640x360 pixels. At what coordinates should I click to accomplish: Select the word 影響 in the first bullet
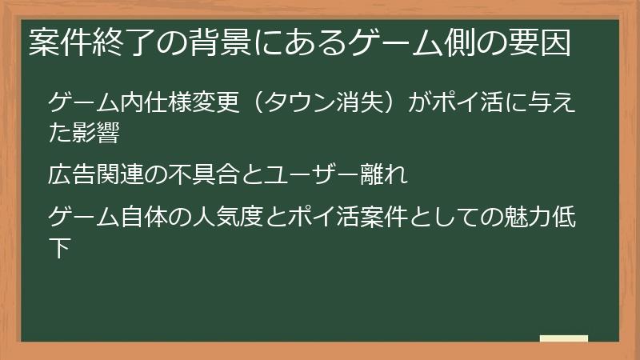tap(98, 132)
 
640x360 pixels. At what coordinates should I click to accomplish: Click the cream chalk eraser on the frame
tap(563, 339)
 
